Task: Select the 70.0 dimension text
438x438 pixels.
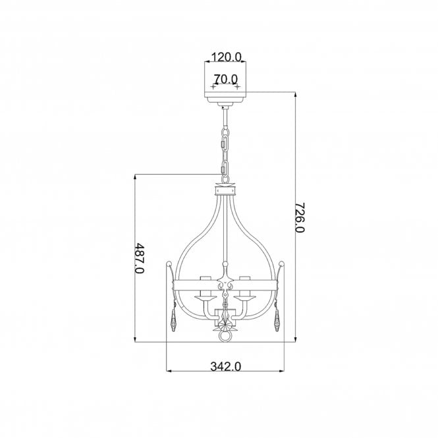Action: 225,79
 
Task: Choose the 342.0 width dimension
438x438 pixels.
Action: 225,366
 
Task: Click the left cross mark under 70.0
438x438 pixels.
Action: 213,87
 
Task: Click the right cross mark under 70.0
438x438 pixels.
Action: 237,87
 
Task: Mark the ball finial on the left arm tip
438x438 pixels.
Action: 170,261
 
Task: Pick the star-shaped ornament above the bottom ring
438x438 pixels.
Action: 225,323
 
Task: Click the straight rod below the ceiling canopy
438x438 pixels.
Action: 225,119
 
